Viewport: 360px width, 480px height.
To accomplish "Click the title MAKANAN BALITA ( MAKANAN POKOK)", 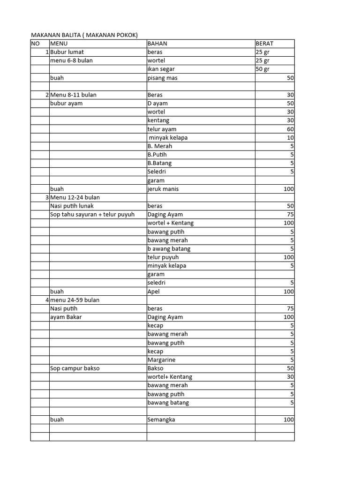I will (84, 35).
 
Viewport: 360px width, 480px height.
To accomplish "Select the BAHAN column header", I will (157, 44).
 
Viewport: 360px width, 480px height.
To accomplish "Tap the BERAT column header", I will (264, 44).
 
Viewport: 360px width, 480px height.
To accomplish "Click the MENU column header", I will (59, 44).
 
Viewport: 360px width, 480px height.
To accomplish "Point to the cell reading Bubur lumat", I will (67, 52).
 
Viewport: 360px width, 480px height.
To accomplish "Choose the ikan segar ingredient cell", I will (161, 69).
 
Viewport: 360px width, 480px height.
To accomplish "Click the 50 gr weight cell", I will (262, 69).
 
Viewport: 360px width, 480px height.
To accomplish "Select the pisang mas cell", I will (163, 78).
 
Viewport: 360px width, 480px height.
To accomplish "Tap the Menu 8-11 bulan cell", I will (73, 95).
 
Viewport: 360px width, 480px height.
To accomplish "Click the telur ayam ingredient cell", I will (162, 129).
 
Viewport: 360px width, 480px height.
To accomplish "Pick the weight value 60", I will (290, 129).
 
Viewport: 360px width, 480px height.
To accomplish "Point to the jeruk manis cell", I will (163, 189).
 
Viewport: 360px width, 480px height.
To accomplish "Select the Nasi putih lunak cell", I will (72, 206).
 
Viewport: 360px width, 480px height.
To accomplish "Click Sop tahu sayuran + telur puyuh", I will (92, 215).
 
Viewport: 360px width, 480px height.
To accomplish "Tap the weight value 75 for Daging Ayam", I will (290, 215).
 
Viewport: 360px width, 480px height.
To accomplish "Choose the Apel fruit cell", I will (154, 291).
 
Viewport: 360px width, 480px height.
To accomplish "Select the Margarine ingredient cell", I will (162, 360).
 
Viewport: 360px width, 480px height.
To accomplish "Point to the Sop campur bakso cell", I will (75, 368).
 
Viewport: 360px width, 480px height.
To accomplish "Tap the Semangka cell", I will (161, 420).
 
